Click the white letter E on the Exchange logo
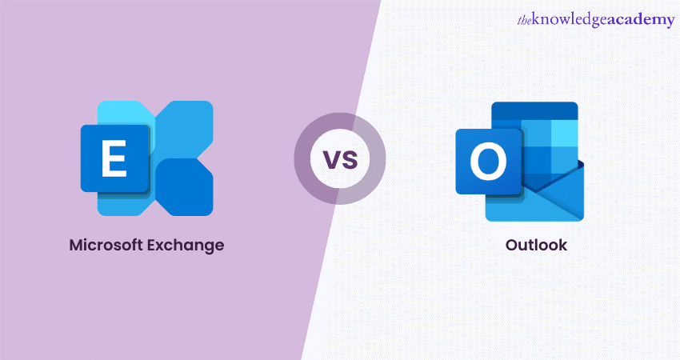(114, 159)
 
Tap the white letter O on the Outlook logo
(488, 162)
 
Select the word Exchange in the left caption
(186, 246)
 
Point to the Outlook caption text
(536, 245)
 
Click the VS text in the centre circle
(341, 159)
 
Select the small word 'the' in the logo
(524, 20)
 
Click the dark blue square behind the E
(115, 158)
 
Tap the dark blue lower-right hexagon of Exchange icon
(184, 187)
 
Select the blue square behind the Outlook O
(488, 162)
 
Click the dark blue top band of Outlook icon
(534, 110)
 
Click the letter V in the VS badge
(332, 160)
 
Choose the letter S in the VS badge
(350, 160)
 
